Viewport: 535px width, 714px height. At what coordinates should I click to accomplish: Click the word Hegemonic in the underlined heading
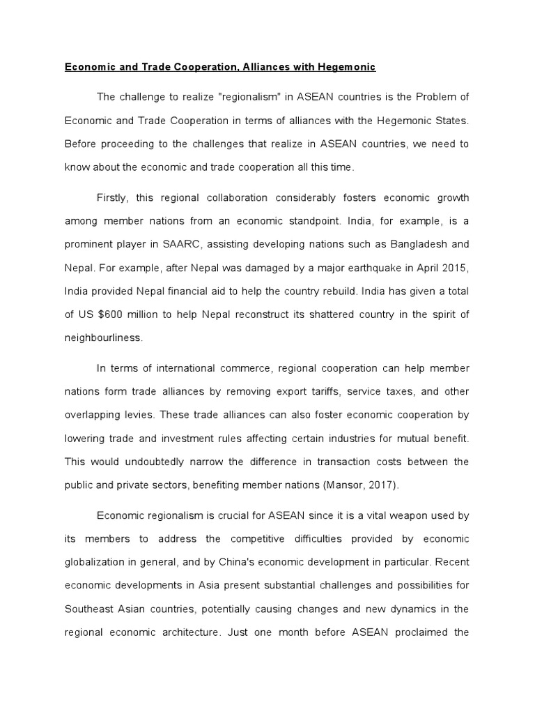coord(346,67)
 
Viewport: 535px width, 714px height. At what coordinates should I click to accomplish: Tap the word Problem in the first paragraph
coord(431,96)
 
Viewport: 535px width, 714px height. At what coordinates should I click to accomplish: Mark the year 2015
coord(457,268)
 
